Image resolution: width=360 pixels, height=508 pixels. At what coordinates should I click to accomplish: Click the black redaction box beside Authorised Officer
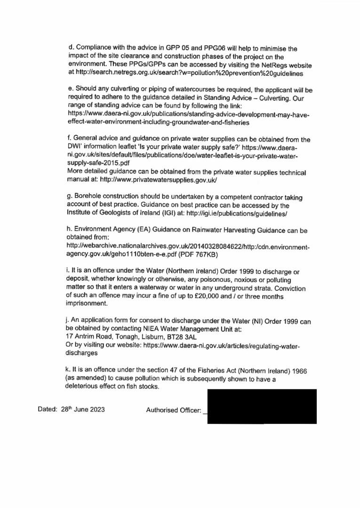click(262, 406)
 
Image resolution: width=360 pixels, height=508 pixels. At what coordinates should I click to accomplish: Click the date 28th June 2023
click(83, 409)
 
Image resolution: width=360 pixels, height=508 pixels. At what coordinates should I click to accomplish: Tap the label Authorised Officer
click(174, 410)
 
